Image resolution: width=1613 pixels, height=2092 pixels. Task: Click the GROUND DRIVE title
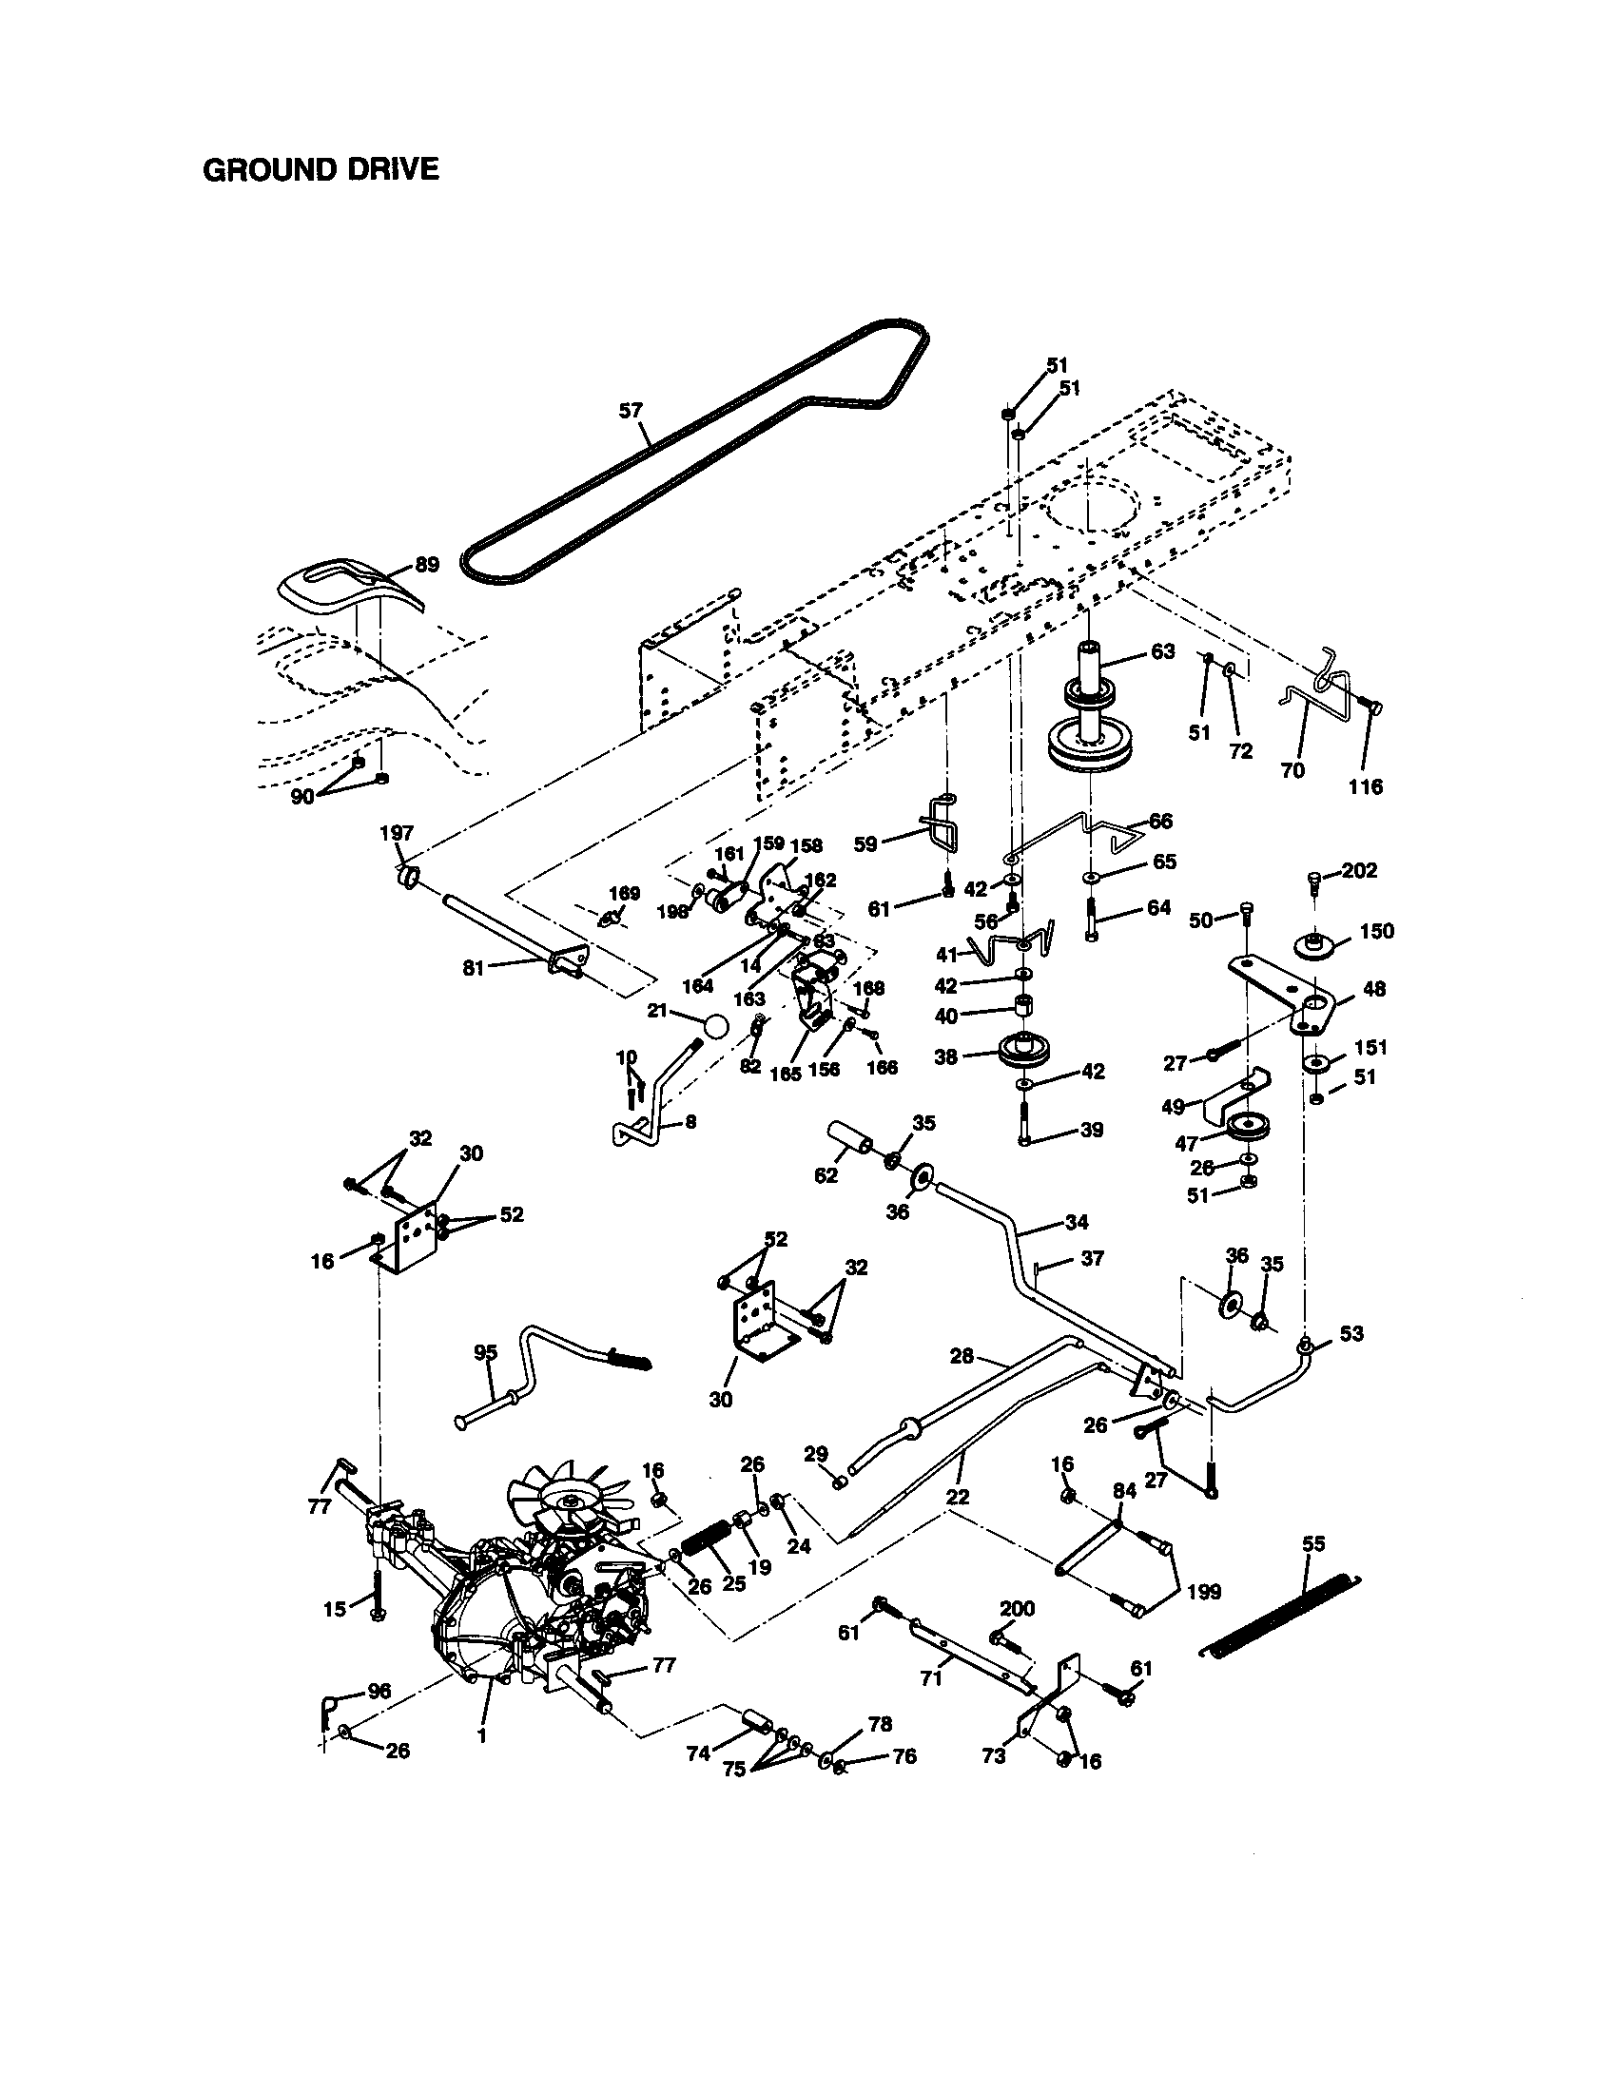pyautogui.click(x=321, y=169)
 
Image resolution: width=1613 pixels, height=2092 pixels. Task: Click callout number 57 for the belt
pyautogui.click(x=630, y=411)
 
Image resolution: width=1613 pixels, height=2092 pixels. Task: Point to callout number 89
pyautogui.click(x=426, y=564)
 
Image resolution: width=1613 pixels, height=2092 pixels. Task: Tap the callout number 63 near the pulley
pyautogui.click(x=1162, y=651)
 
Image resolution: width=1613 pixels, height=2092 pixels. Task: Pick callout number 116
pyautogui.click(x=1365, y=786)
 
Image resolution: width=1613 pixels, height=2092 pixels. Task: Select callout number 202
pyautogui.click(x=1359, y=870)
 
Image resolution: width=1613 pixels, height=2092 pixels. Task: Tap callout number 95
pyautogui.click(x=486, y=1352)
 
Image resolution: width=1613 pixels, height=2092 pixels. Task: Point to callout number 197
pyautogui.click(x=396, y=833)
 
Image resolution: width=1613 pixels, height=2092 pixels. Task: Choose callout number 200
pyautogui.click(x=1017, y=1608)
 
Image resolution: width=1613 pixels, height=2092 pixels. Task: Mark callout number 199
pyautogui.click(x=1203, y=1591)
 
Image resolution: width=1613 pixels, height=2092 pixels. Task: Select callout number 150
pyautogui.click(x=1376, y=931)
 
